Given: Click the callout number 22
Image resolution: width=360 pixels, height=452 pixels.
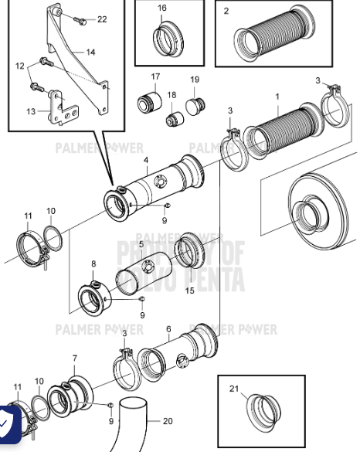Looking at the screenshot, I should coord(102,19).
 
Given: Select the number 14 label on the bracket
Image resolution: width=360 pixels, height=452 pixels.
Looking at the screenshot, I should coord(90,52).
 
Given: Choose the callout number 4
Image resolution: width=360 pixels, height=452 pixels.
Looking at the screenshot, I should coord(145,160).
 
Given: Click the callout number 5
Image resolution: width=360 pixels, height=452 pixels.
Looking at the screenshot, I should coord(141,244).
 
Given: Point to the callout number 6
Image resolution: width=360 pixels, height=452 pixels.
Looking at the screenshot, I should coord(168,328).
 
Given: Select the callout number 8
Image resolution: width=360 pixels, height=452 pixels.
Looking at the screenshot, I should coord(93,264).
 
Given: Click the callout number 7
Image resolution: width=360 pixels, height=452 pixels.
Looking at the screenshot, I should coord(74,359).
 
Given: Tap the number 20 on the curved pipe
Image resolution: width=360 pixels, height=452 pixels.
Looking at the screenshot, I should coord(168,421).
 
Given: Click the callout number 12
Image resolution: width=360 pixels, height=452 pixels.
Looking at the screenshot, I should coord(21,66).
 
